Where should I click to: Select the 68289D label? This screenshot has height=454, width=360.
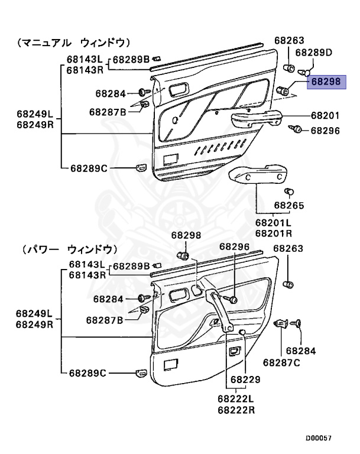(x=314, y=52)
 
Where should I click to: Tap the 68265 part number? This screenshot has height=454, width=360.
(x=288, y=206)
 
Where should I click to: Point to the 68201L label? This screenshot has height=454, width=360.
(x=273, y=223)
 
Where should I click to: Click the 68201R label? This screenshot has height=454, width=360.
(x=273, y=233)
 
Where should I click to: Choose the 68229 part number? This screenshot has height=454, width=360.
(x=245, y=379)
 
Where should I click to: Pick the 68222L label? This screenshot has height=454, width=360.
(x=236, y=400)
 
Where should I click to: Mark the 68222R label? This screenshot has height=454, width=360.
(x=236, y=410)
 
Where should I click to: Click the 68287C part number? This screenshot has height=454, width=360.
(x=281, y=362)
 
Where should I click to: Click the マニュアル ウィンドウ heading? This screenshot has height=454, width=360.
(x=74, y=43)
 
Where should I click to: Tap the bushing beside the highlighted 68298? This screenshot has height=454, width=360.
(x=283, y=90)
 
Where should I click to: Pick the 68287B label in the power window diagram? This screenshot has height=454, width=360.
(x=104, y=320)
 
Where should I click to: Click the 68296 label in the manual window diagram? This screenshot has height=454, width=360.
(x=325, y=131)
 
